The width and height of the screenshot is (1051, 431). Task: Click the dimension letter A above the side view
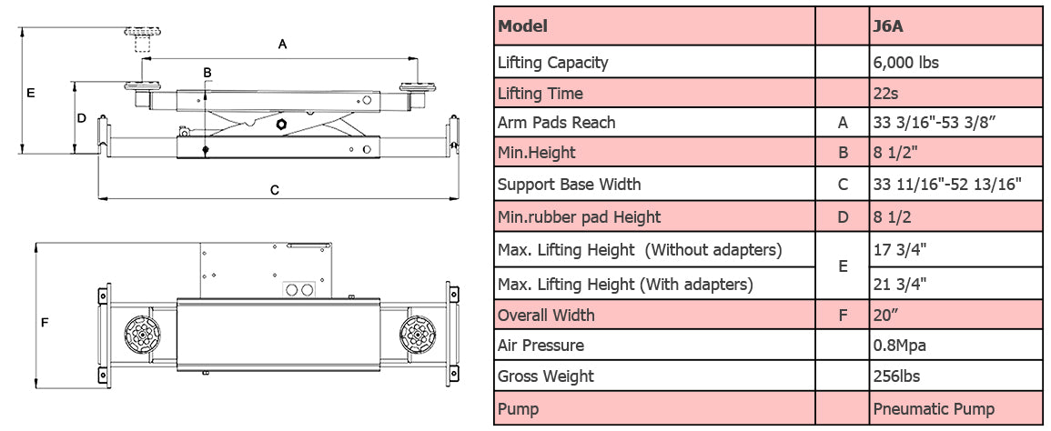tap(282, 44)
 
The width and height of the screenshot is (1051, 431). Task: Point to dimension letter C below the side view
tap(274, 190)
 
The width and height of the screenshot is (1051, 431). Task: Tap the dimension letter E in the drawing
tap(30, 93)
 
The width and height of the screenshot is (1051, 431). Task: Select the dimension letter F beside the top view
tap(44, 322)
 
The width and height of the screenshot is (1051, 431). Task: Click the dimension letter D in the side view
tap(81, 118)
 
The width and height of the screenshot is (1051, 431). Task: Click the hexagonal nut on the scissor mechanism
tap(281, 124)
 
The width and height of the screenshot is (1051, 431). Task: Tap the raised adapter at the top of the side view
tap(139, 41)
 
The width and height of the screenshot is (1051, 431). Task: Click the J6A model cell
tap(888, 26)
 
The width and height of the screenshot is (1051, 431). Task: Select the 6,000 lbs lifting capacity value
tap(905, 63)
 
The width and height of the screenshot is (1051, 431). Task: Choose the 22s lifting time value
tap(885, 93)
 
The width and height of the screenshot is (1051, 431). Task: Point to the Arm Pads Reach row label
tap(556, 123)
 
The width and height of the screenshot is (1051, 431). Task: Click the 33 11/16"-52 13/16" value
tap(946, 185)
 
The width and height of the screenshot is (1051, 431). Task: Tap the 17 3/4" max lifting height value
tap(901, 250)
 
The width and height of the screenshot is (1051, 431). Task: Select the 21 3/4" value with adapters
tap(901, 284)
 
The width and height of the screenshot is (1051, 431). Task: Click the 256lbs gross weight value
tap(897, 376)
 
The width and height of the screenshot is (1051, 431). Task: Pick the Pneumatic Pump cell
tap(933, 409)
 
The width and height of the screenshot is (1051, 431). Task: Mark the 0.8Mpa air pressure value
tap(899, 346)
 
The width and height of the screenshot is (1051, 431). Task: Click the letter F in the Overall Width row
tap(843, 316)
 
